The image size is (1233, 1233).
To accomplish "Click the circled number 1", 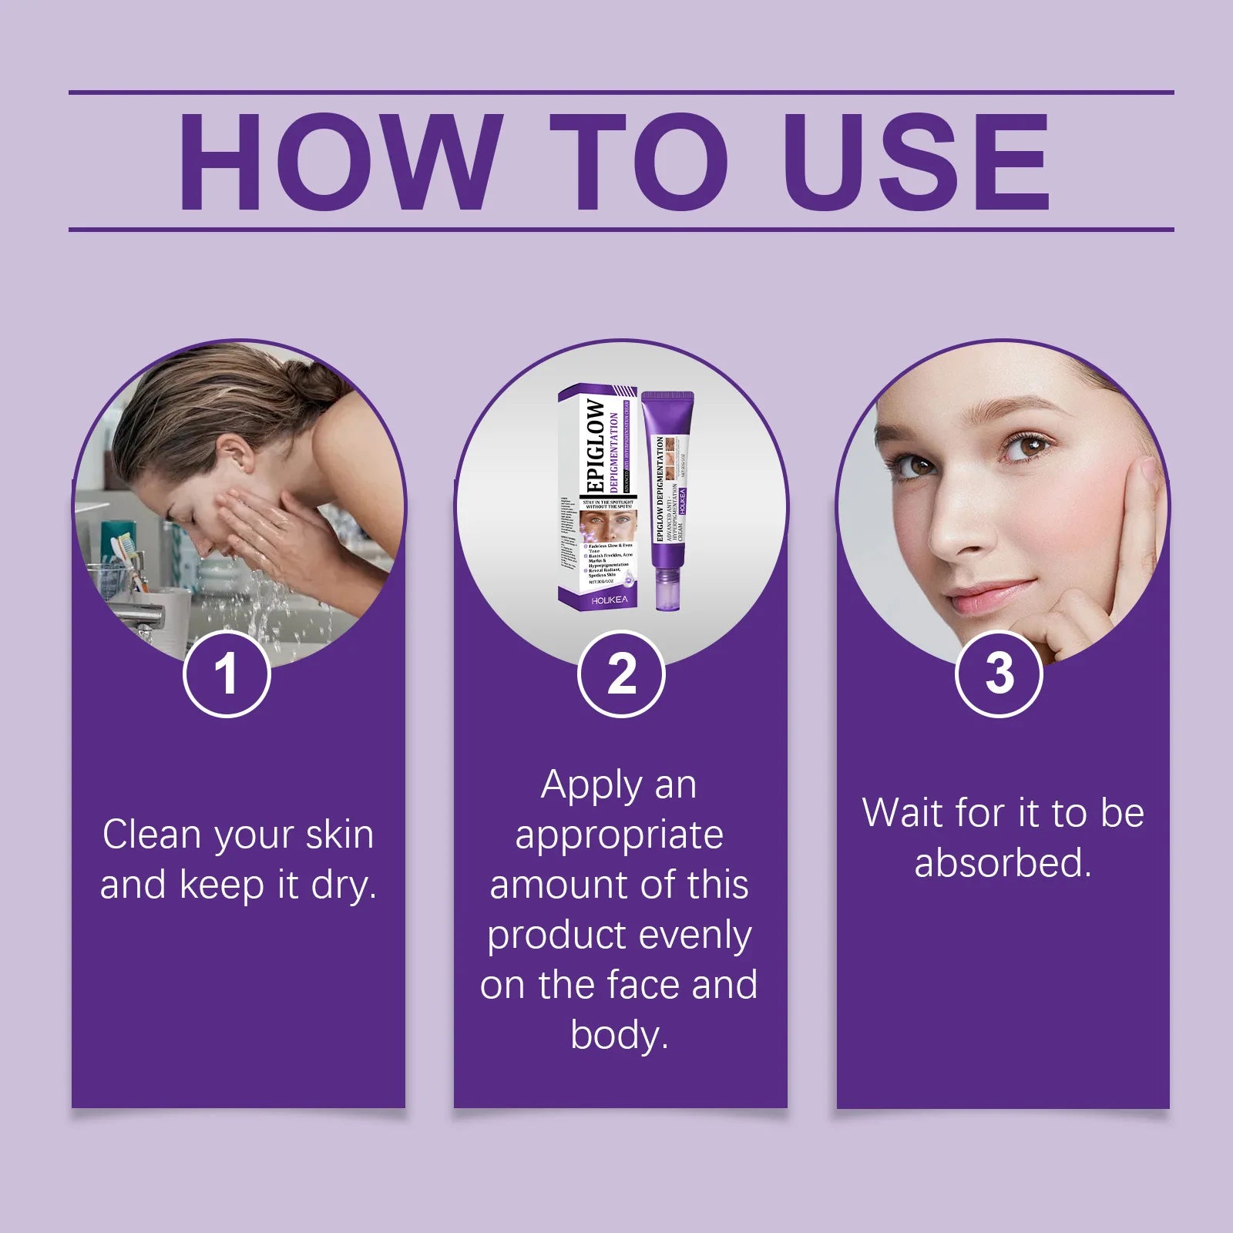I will (227, 674).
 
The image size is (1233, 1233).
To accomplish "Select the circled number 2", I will (621, 674).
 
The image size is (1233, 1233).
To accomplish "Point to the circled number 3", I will (999, 674).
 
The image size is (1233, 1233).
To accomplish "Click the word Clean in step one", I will (152, 835).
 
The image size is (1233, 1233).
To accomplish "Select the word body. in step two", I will (620, 1034).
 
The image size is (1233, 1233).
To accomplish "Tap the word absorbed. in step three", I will (1003, 863).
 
